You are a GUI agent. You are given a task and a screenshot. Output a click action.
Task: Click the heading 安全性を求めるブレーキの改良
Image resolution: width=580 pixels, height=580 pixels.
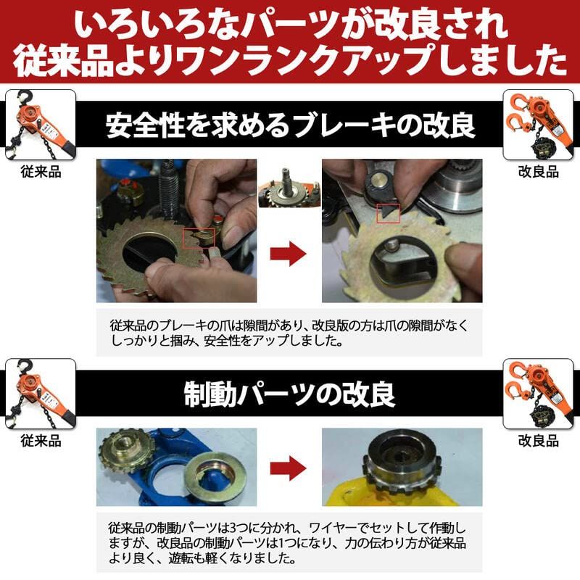(290, 125)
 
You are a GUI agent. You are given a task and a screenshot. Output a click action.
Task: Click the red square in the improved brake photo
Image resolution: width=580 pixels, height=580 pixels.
(387, 213)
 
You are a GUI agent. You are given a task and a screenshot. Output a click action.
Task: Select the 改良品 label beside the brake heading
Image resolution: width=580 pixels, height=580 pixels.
(539, 172)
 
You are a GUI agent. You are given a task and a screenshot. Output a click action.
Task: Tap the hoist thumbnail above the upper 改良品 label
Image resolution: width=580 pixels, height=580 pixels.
(539, 124)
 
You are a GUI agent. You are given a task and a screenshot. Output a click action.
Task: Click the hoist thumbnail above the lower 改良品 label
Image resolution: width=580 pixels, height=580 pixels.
(539, 394)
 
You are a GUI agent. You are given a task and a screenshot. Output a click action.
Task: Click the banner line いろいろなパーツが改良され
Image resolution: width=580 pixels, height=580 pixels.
(290, 25)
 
